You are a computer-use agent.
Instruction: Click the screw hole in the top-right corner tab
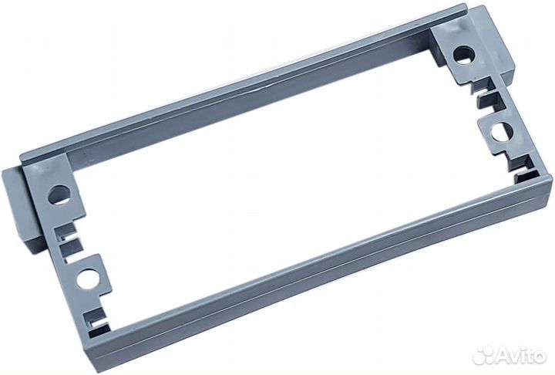[x=464, y=55]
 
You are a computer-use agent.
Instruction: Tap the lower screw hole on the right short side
[x=502, y=132]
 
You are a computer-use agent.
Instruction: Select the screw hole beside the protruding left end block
[x=59, y=195]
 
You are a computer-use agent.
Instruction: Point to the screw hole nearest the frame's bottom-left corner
[x=87, y=279]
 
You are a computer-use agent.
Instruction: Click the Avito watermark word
[x=521, y=354]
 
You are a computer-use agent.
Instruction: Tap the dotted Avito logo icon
[x=484, y=354]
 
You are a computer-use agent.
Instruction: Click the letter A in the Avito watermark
[x=504, y=355]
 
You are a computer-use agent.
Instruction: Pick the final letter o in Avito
[x=540, y=356]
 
